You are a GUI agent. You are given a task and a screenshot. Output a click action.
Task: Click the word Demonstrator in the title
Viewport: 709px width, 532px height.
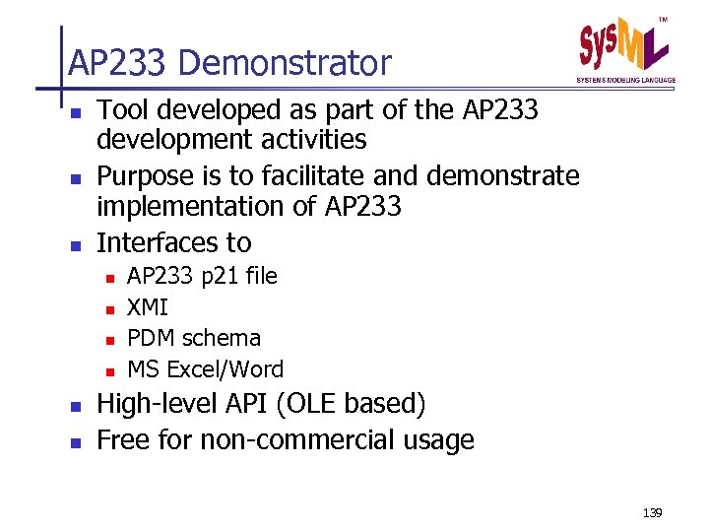pyautogui.click(x=285, y=64)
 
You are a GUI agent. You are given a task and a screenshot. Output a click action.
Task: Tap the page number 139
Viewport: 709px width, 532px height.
pyautogui.click(x=651, y=513)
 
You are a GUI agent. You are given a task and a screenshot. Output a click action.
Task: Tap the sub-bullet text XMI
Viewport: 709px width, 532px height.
pyautogui.click(x=148, y=307)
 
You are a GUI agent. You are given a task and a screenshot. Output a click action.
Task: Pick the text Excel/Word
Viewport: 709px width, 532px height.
pyautogui.click(x=225, y=369)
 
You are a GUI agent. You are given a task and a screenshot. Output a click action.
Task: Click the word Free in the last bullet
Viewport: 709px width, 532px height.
pyautogui.click(x=123, y=439)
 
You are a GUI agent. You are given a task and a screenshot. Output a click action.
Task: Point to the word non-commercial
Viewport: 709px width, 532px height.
pyautogui.click(x=299, y=439)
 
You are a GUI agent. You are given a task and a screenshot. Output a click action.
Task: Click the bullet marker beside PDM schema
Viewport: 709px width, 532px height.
pyautogui.click(x=110, y=340)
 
